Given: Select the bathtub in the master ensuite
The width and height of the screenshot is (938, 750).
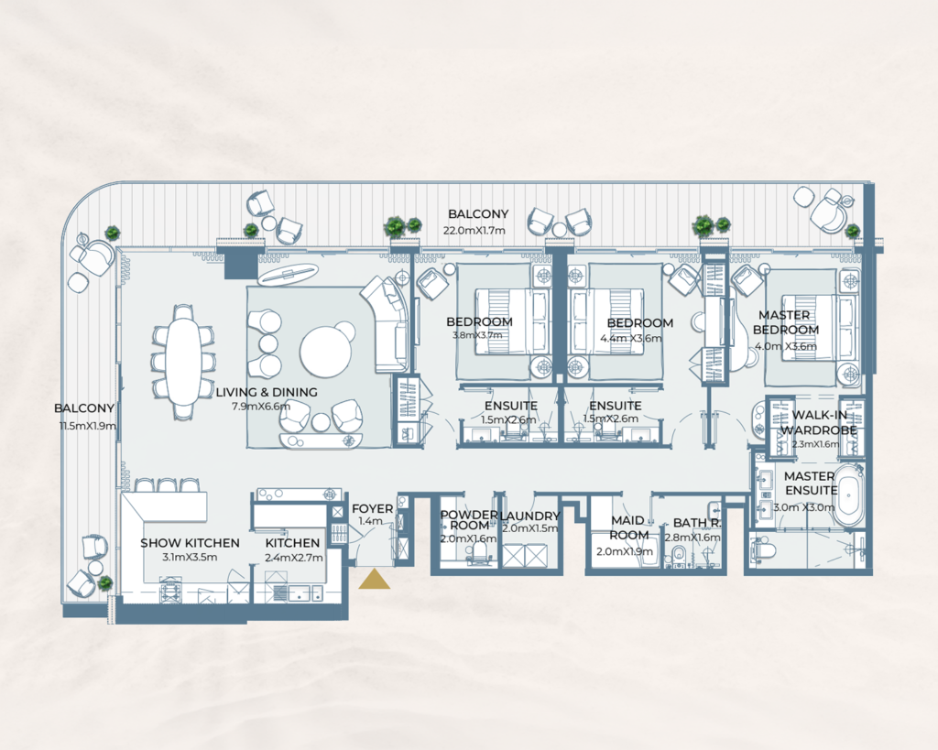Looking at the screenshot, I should [x=848, y=495].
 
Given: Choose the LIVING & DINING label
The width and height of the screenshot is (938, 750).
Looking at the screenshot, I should [x=267, y=392].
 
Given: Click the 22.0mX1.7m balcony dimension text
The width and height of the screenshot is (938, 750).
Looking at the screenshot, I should [x=474, y=231].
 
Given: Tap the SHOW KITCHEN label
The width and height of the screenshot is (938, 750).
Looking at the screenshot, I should [x=190, y=543].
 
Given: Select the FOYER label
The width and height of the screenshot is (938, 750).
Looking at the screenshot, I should [x=373, y=509].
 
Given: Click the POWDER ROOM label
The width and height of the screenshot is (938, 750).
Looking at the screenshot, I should [x=469, y=521].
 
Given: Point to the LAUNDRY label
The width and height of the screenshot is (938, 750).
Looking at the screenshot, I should [x=530, y=516].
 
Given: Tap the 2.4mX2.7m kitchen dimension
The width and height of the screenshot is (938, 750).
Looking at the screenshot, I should [x=292, y=556].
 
